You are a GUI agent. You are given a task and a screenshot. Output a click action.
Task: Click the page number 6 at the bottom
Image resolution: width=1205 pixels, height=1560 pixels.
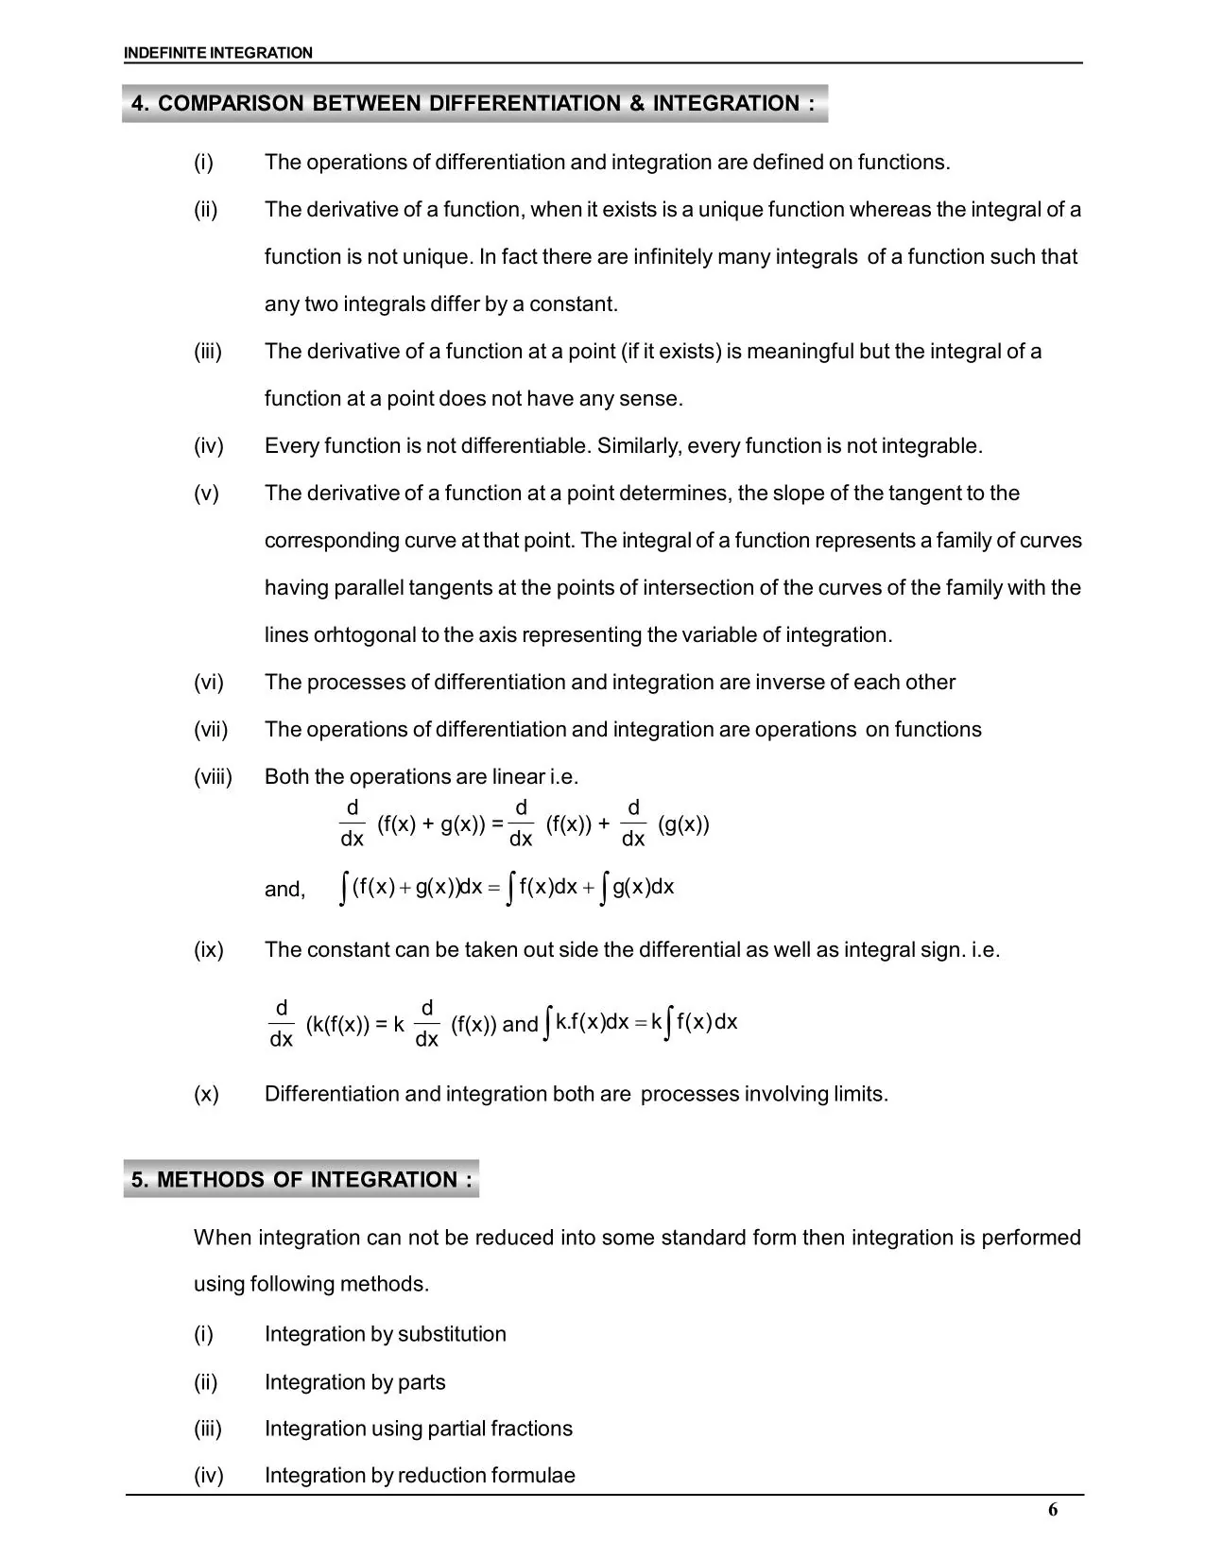(1053, 1510)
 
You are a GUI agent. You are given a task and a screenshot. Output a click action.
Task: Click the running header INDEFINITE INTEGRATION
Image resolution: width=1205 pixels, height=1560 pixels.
(217, 53)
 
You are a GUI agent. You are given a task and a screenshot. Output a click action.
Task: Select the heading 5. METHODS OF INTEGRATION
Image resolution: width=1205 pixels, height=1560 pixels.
(301, 1179)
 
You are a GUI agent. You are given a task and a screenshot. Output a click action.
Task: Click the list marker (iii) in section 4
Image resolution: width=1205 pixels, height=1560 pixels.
(208, 352)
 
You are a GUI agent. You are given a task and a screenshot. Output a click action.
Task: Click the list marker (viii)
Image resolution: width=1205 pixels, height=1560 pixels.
(213, 777)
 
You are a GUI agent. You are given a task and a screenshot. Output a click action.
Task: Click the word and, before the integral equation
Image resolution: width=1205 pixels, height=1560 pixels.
(284, 890)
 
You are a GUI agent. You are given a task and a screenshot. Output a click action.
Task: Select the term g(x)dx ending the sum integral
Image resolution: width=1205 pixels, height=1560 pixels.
(644, 888)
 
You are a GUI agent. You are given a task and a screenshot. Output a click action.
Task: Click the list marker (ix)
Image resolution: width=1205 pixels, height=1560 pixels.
(209, 950)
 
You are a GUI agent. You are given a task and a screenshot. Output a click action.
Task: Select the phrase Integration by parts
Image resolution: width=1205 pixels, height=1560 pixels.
(354, 1382)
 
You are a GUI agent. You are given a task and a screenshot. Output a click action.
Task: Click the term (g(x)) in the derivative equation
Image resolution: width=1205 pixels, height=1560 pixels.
(683, 824)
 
